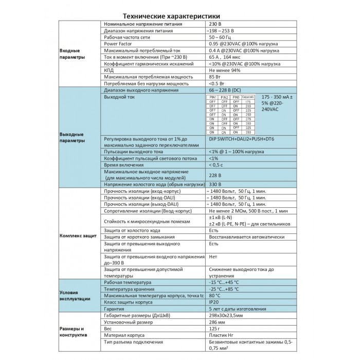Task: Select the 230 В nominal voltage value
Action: pos(215,24)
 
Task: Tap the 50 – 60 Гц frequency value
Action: pos(220,38)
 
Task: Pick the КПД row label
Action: pos(109,70)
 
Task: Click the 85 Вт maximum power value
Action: pos(215,77)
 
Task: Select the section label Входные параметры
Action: pos(69,54)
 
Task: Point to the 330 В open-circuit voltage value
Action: pos(215,184)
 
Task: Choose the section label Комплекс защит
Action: pos(78,236)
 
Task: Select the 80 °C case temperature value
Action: pos(215,296)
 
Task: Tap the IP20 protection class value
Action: pos(214,302)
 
